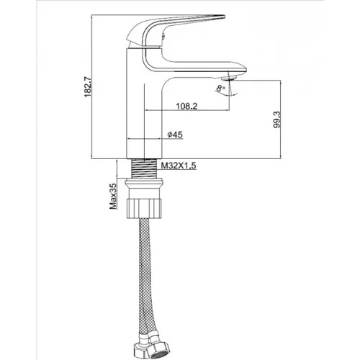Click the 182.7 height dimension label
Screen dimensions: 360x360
point(88,86)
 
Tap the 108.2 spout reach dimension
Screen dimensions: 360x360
point(186,106)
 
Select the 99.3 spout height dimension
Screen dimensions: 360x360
point(277,120)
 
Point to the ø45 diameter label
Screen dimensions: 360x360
point(175,135)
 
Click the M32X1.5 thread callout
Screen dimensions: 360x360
point(179,166)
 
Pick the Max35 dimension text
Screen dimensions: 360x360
point(113,196)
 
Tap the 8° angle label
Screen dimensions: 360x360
point(221,88)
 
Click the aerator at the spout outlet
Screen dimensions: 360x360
point(229,78)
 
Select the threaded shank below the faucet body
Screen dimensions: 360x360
point(144,168)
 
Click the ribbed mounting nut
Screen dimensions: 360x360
point(144,208)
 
